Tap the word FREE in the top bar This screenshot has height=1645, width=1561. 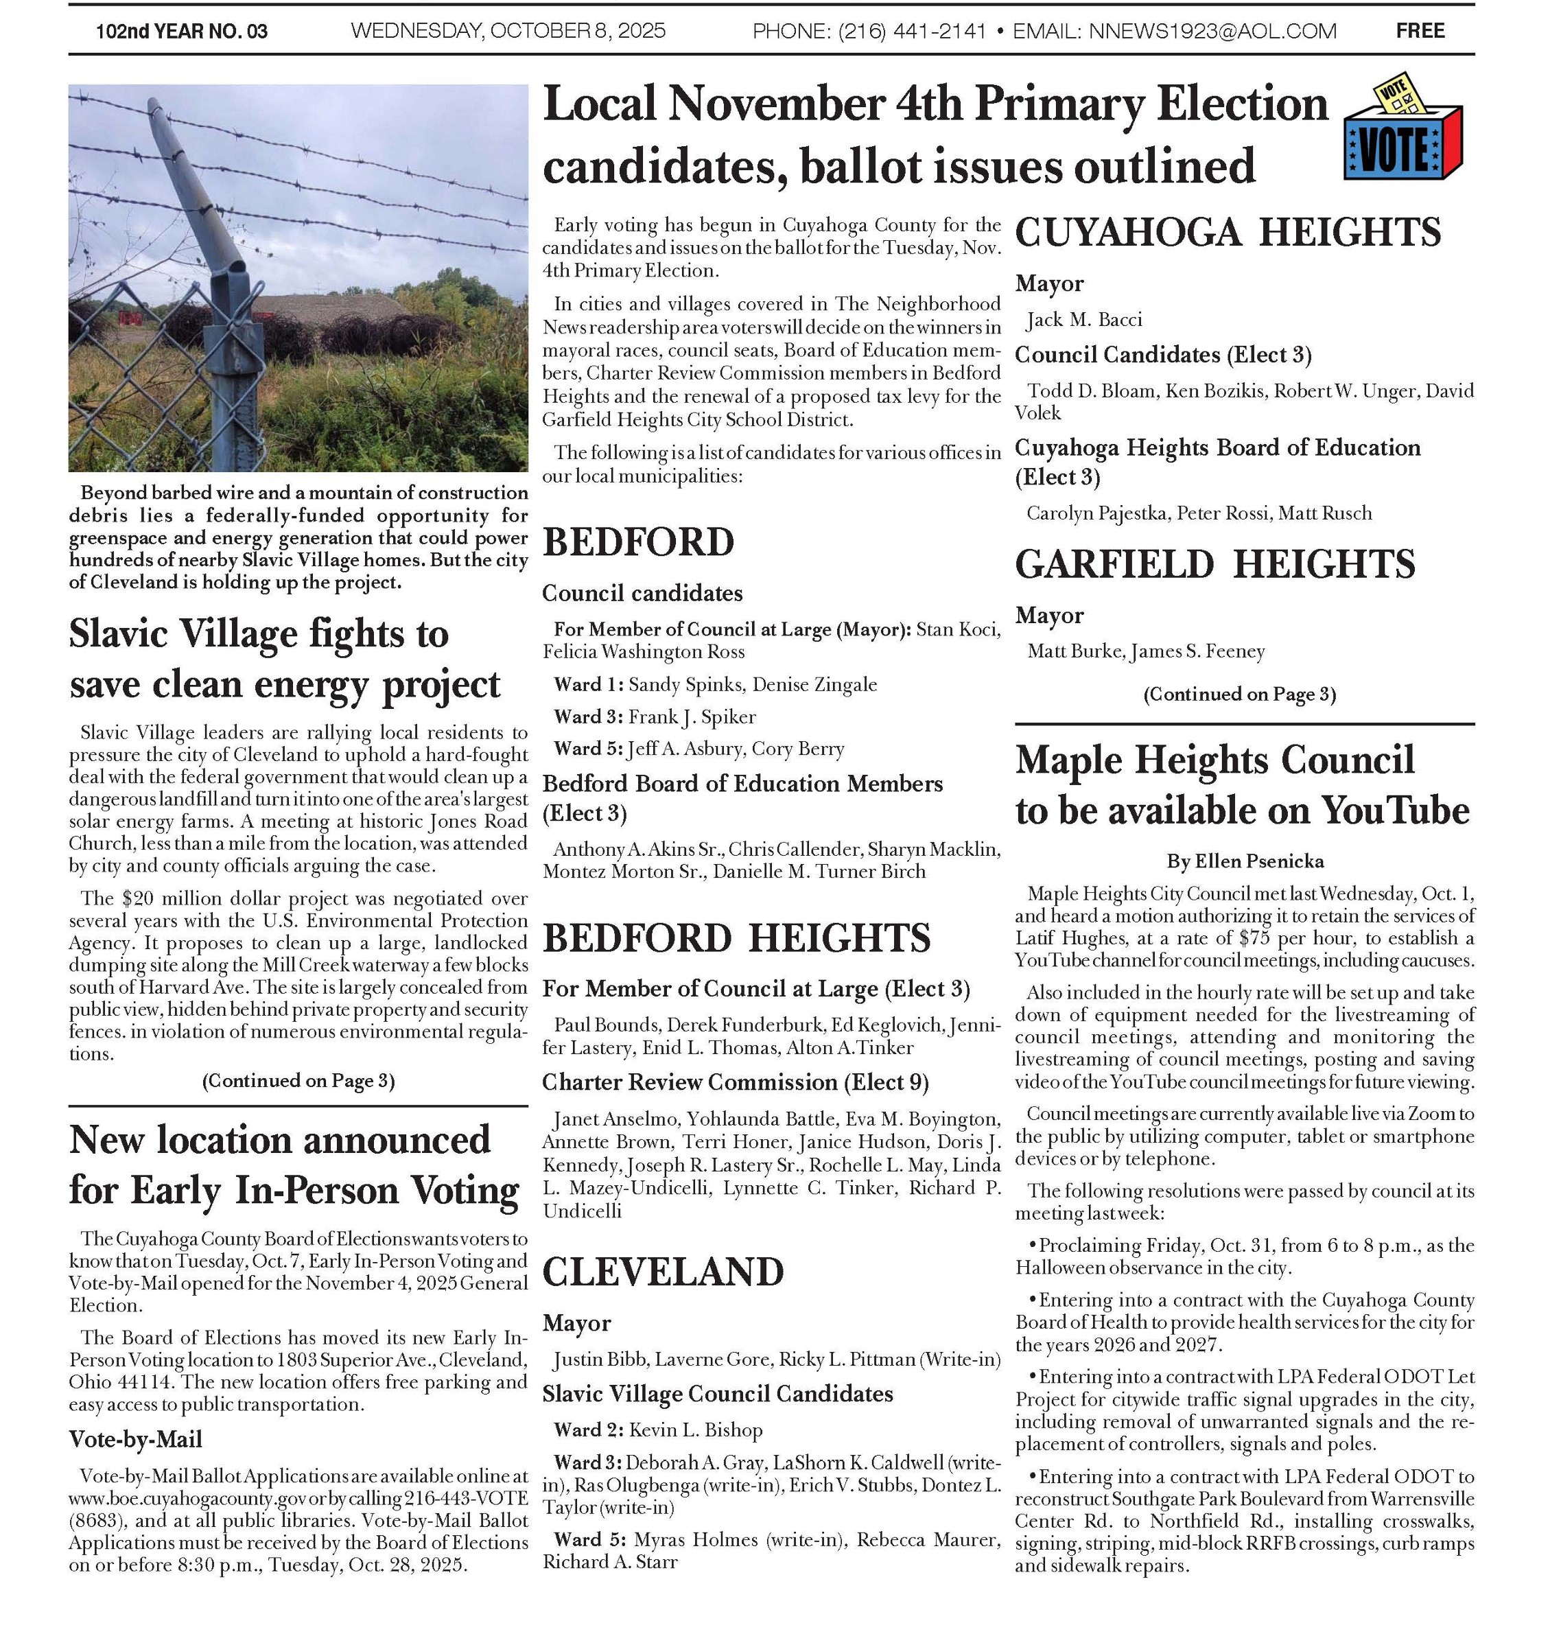1420,31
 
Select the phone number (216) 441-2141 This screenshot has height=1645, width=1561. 911,32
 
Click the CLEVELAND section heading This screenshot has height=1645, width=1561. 664,1272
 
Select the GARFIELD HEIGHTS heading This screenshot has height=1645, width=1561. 1215,564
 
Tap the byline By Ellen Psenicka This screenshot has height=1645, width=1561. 1245,861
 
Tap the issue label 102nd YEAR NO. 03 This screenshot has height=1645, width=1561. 181,32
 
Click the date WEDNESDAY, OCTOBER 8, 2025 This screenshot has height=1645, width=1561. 508,32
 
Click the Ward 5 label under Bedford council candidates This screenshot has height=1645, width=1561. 587,749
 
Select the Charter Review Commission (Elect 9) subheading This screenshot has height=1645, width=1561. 736,1082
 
